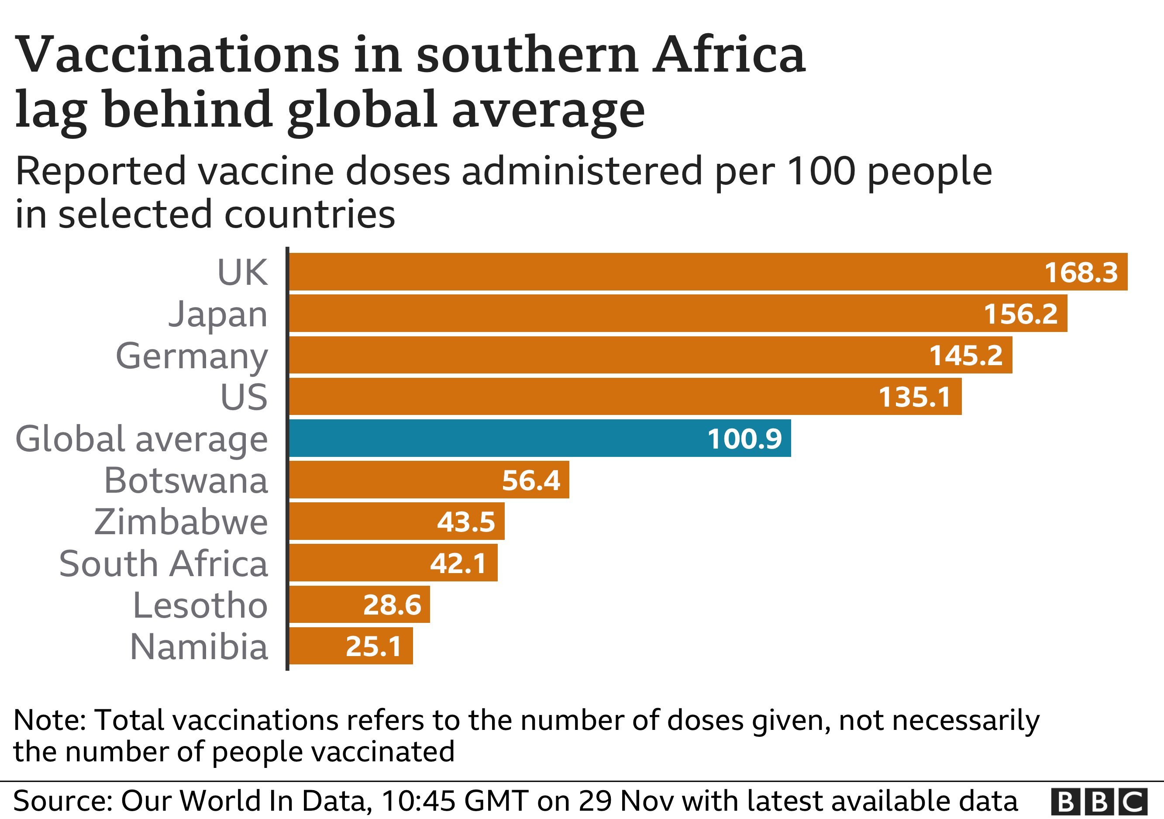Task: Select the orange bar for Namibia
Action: pyautogui.click(x=351, y=646)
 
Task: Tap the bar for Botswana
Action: pyautogui.click(x=429, y=480)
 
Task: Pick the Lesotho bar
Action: pyautogui.click(x=359, y=605)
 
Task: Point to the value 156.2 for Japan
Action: pyautogui.click(x=1020, y=314)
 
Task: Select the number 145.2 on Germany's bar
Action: pyautogui.click(x=966, y=356)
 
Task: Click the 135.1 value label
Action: pyautogui.click(x=915, y=397)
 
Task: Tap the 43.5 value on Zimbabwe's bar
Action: pyautogui.click(x=466, y=522)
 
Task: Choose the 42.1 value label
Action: pyautogui.click(x=458, y=563)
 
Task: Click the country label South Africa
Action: pyautogui.click(x=163, y=564)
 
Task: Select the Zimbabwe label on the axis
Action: pyautogui.click(x=181, y=522)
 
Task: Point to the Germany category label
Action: pyautogui.click(x=192, y=356)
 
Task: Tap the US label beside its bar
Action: pyautogui.click(x=244, y=397)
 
